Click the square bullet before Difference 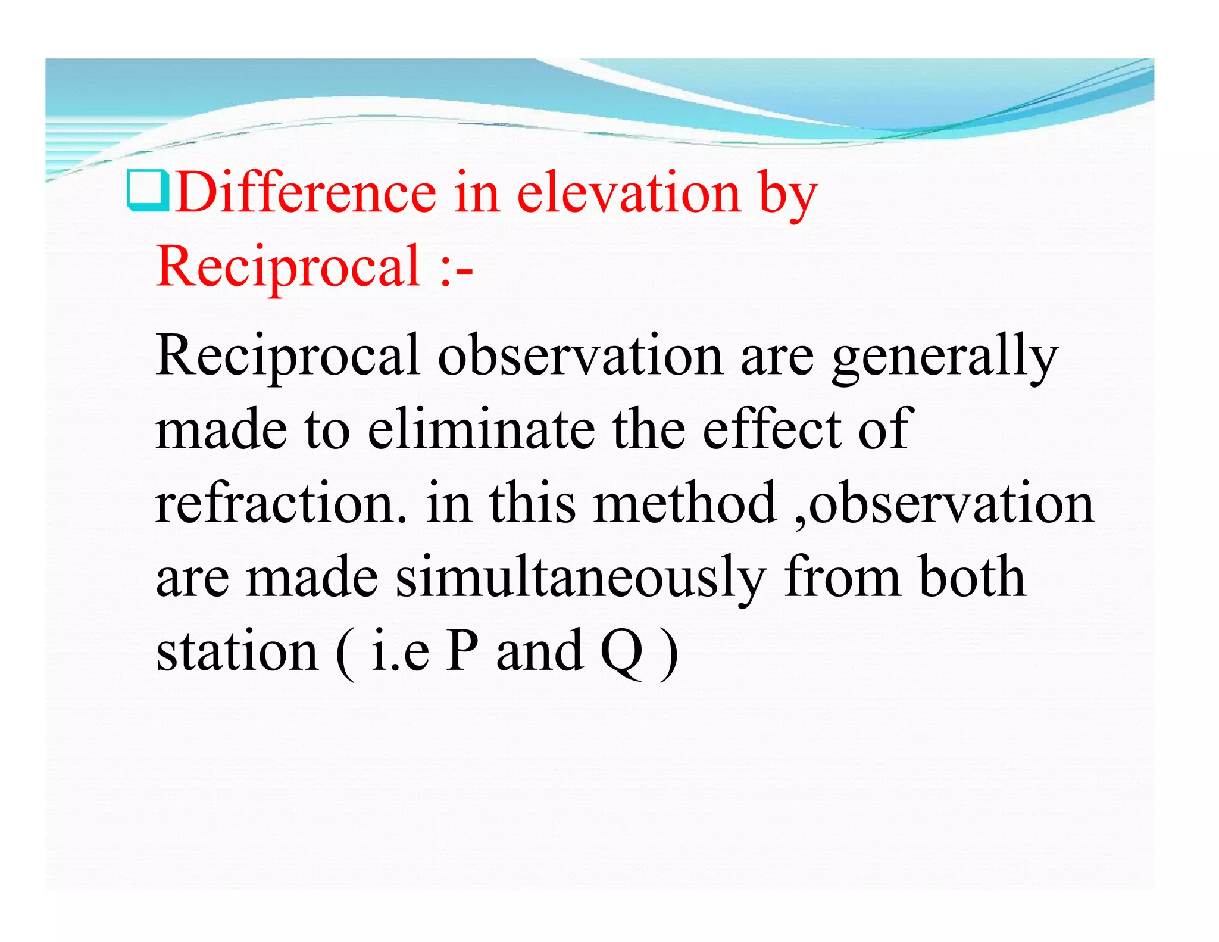(148, 191)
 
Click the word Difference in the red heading (306, 192)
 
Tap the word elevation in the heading (628, 192)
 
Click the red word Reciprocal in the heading (289, 266)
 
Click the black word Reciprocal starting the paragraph (289, 355)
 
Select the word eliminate (481, 429)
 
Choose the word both (971, 576)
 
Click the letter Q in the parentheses (622, 651)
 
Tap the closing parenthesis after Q (670, 653)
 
